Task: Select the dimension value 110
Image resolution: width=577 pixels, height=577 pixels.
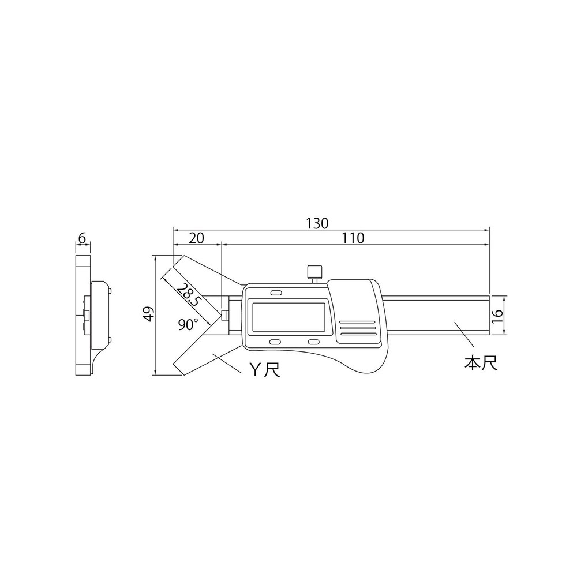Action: pyautogui.click(x=353, y=238)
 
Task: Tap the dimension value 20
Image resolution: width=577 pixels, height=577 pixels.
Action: pyautogui.click(x=196, y=238)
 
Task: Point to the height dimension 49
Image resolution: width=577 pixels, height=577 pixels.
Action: pyautogui.click(x=149, y=315)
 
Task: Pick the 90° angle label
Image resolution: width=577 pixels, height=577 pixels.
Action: pyautogui.click(x=188, y=325)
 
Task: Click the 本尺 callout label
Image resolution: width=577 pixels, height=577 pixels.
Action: pyautogui.click(x=481, y=364)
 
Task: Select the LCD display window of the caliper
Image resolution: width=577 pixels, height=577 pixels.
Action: pyautogui.click(x=287, y=317)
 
